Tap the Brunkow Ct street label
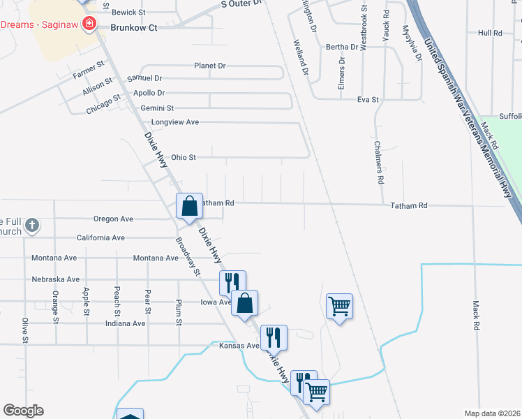coord(134,28)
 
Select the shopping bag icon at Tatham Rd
coord(189,206)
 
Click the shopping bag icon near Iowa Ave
coord(245,304)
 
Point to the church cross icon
coord(31,226)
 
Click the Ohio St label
coord(184,158)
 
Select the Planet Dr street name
coord(210,66)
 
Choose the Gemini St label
coord(157,108)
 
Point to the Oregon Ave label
coord(113,219)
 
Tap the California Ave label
coord(100,238)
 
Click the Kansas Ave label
coord(239,346)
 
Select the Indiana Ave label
coord(126,324)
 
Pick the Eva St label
coord(368,100)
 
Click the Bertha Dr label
coord(342,47)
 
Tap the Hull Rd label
coord(491,33)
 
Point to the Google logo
coord(23,411)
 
